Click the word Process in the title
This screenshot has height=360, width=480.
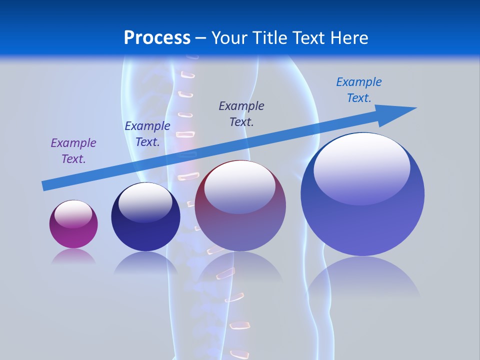point(157,37)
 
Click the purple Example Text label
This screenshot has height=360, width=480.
point(73,151)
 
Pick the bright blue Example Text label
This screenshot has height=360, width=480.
point(358,90)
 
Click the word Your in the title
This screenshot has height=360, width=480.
point(228,37)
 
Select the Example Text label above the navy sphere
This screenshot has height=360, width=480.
point(147,134)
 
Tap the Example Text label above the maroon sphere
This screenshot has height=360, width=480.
point(241,113)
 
